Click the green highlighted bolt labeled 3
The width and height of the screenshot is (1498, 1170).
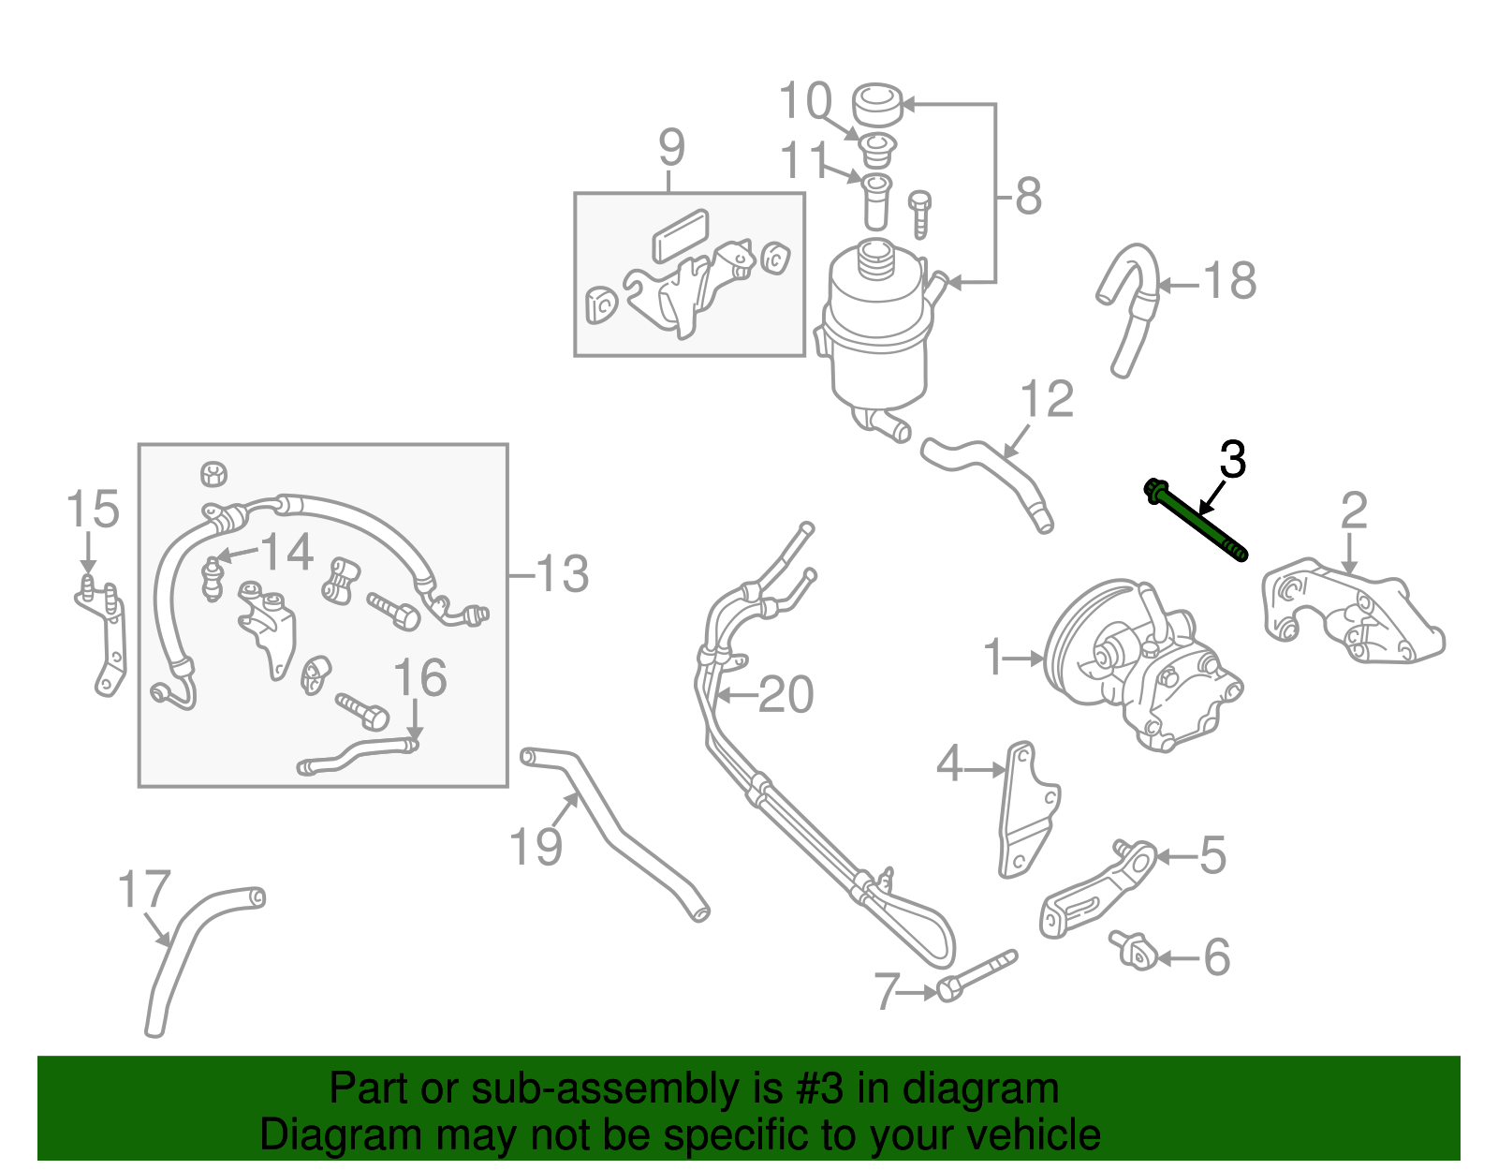click(1197, 522)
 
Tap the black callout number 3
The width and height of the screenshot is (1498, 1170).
click(1232, 460)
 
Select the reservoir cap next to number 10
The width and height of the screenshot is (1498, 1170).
click(877, 105)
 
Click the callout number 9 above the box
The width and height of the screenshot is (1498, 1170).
click(671, 147)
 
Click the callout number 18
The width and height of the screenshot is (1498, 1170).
click(1229, 280)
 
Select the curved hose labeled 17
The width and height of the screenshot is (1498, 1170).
click(178, 955)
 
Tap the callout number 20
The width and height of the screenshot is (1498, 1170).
click(786, 695)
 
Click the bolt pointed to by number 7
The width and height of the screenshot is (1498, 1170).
click(974, 976)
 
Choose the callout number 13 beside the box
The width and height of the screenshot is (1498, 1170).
click(562, 573)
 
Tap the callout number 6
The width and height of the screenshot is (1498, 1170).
click(1215, 957)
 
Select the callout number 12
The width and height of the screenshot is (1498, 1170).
click(1046, 400)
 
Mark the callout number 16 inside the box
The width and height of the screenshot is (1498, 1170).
click(419, 677)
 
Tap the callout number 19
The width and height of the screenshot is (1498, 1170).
click(536, 847)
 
